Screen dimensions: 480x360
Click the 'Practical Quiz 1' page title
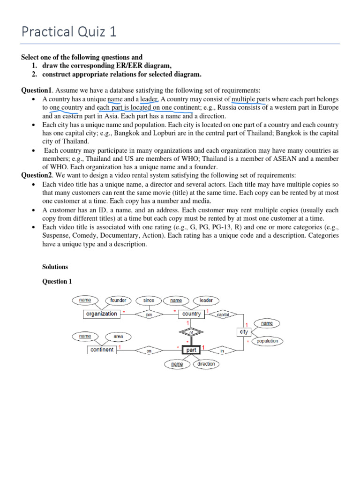coord(69,31)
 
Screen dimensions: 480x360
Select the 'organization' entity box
coord(101,314)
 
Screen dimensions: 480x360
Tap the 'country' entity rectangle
coord(191,314)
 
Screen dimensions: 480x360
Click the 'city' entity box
coord(244,332)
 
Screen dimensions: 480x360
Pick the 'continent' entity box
coord(102,350)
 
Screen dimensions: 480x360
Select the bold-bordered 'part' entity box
coord(191,350)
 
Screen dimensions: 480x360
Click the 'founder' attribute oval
coord(119,300)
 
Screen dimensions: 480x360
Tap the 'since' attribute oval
coord(149,300)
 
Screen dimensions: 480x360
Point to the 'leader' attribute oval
coord(206,300)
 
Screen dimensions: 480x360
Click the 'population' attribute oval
coord(267,341)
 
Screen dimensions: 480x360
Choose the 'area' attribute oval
coord(118,336)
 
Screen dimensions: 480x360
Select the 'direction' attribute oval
coord(206,364)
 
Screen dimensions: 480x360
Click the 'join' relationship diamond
coord(149,315)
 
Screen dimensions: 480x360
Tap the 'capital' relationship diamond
coord(223,315)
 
